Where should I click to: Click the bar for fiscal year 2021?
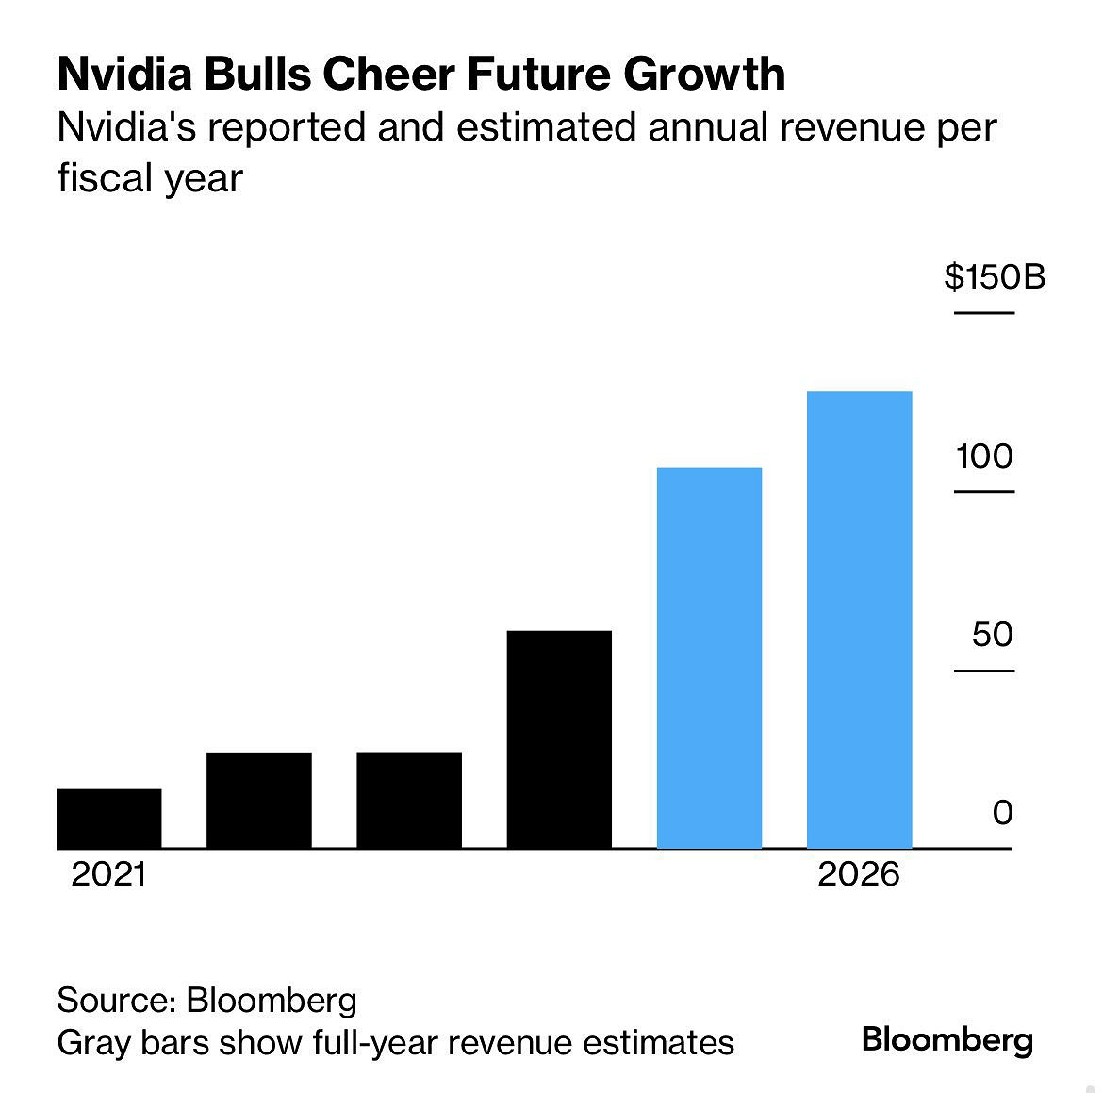[x=108, y=819]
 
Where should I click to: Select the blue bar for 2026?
[x=859, y=620]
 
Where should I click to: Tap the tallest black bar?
[x=559, y=739]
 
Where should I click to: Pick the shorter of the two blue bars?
[x=709, y=657]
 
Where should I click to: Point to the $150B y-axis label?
[x=995, y=277]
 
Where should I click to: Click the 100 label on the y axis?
[x=984, y=456]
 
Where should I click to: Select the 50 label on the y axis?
[x=993, y=635]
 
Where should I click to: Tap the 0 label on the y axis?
[x=1002, y=812]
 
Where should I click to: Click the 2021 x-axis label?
[x=109, y=874]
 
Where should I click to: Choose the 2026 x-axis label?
[x=859, y=874]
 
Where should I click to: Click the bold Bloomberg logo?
[x=947, y=1040]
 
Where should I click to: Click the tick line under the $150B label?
[x=984, y=312]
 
